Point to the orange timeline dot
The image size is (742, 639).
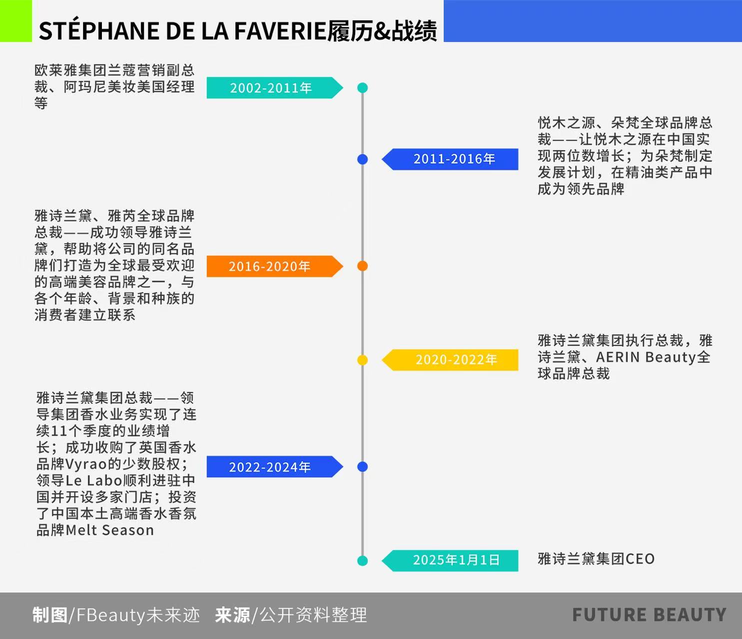(x=363, y=266)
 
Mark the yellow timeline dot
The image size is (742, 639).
(x=363, y=360)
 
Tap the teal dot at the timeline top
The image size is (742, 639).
(x=363, y=88)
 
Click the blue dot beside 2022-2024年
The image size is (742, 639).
(x=363, y=467)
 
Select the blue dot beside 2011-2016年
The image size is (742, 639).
(x=363, y=159)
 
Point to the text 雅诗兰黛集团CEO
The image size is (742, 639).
(x=596, y=559)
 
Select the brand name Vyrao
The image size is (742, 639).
(x=86, y=464)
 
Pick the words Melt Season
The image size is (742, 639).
(x=109, y=530)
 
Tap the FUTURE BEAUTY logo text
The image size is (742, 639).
(x=649, y=615)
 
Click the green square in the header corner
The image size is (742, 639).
(x=15, y=20)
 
